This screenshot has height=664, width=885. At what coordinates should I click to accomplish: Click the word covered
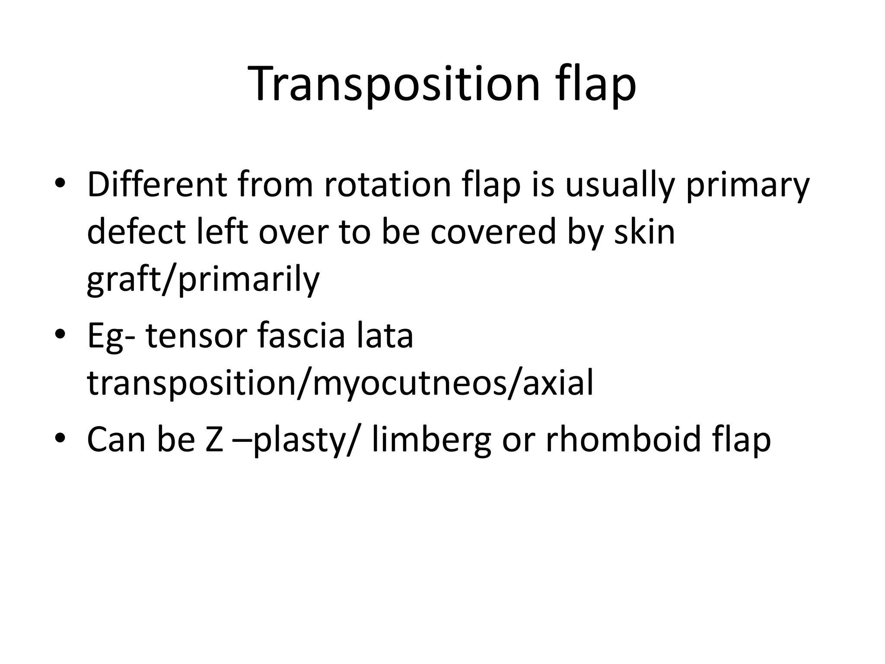pyautogui.click(x=493, y=232)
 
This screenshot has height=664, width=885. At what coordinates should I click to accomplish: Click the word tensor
pyautogui.click(x=197, y=336)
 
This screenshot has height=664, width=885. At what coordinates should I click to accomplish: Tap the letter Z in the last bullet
pyautogui.click(x=214, y=440)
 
